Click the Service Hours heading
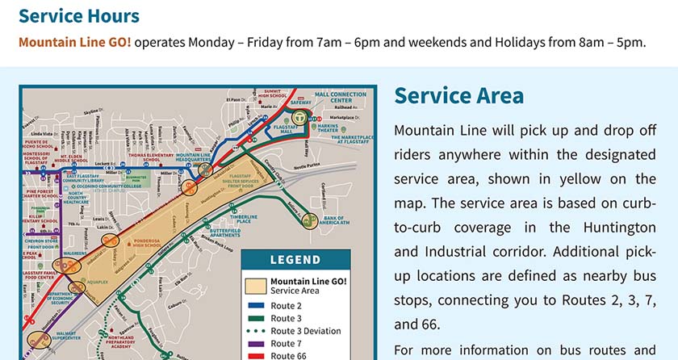coord(78,16)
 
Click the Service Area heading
coord(458,95)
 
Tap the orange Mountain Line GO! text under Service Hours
coord(74,42)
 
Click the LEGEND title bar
coord(295,260)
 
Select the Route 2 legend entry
coord(287,306)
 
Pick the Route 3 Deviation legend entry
coord(305,331)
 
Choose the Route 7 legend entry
coord(287,344)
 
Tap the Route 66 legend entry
coord(289,355)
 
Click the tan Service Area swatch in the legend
coord(256,286)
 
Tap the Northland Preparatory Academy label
coord(140,344)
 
